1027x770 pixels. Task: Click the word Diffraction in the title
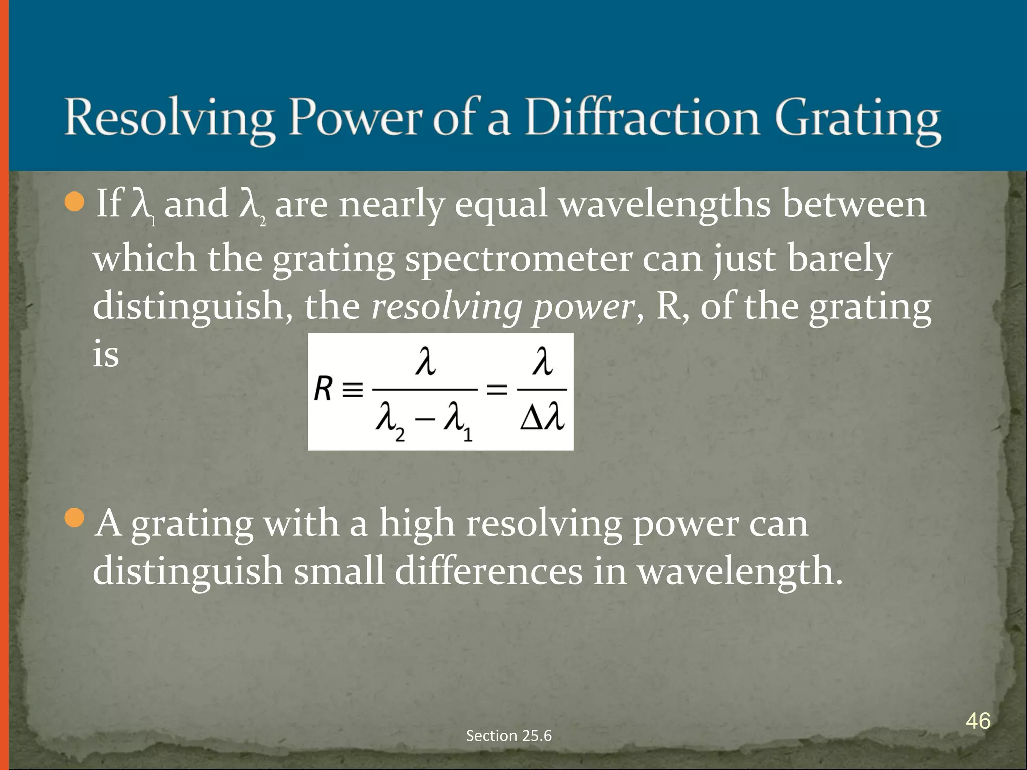tap(642, 118)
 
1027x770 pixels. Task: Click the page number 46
tap(978, 721)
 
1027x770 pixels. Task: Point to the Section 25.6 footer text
tap(508, 735)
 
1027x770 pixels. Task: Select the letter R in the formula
tap(323, 389)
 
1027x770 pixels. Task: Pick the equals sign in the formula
tap(497, 389)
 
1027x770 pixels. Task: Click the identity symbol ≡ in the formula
tap(352, 390)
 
